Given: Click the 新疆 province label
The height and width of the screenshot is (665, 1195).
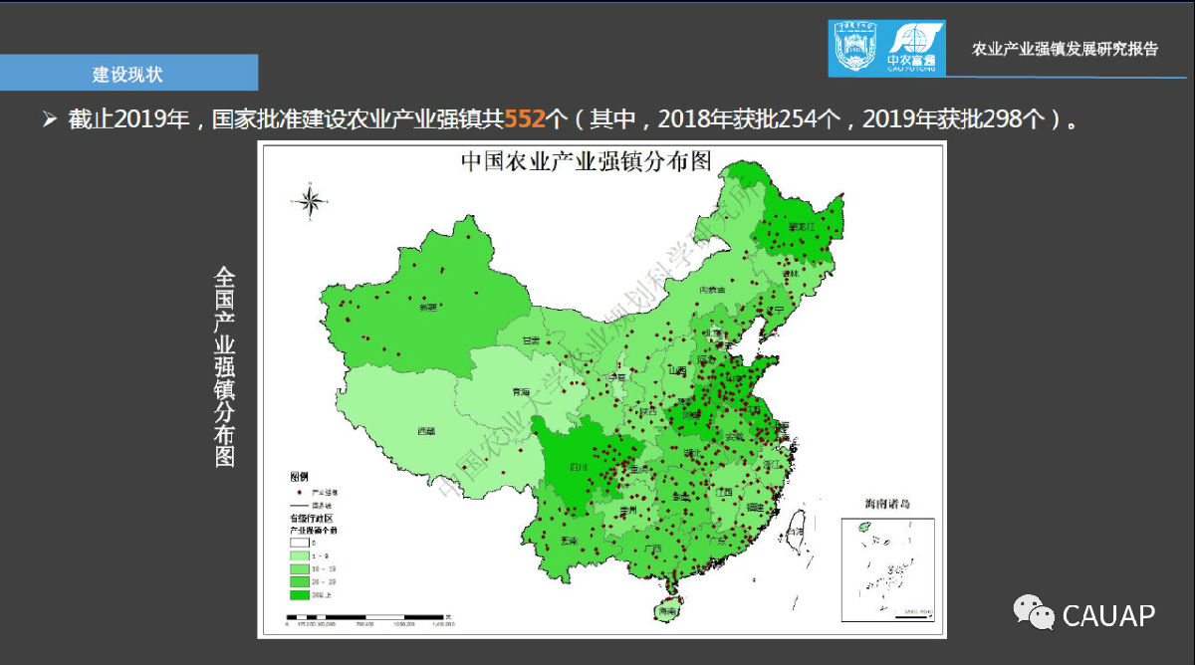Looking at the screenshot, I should (x=428, y=308).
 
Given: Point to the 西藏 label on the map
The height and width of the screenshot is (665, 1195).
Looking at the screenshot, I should (x=427, y=431).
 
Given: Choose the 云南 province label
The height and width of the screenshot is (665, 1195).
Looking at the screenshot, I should (x=569, y=541).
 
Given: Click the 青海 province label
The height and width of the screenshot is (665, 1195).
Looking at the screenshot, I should (x=518, y=391).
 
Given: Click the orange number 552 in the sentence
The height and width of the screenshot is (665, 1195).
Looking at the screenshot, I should (x=524, y=119).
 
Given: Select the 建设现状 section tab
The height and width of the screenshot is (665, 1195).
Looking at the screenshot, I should (x=127, y=74).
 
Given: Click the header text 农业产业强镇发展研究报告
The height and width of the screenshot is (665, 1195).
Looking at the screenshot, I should (x=1065, y=49).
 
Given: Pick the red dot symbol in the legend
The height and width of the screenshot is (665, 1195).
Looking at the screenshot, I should (x=299, y=492).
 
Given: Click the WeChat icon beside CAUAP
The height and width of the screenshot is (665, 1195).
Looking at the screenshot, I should (x=1034, y=612).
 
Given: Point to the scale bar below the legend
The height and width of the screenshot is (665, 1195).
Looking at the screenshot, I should (x=368, y=617).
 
